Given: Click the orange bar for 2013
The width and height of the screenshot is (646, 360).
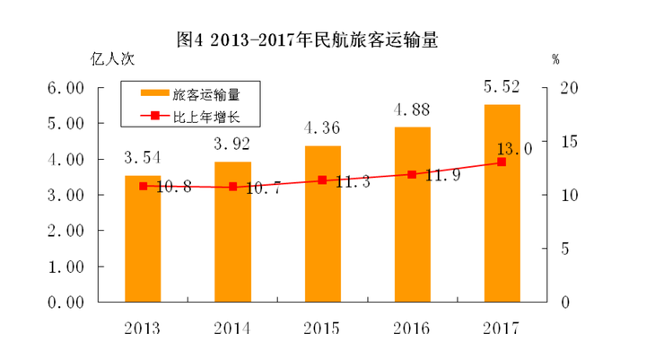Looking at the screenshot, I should click(x=143, y=239).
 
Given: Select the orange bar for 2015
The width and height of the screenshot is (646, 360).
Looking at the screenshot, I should click(x=322, y=224).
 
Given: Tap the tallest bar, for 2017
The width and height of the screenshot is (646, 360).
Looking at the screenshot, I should click(x=502, y=203).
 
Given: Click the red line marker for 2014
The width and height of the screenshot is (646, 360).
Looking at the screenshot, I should click(x=232, y=187).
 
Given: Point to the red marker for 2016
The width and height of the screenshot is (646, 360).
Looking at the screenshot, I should click(x=412, y=174).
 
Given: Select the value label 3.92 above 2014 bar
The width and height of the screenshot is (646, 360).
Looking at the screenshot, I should click(x=231, y=143).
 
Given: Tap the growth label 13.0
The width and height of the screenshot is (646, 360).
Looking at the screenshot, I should click(x=513, y=149).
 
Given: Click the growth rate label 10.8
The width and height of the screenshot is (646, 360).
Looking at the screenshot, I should click(x=170, y=188).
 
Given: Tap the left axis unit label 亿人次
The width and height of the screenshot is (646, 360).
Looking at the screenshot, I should click(x=112, y=60).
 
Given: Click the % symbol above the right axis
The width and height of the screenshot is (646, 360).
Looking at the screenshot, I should click(x=556, y=60).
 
